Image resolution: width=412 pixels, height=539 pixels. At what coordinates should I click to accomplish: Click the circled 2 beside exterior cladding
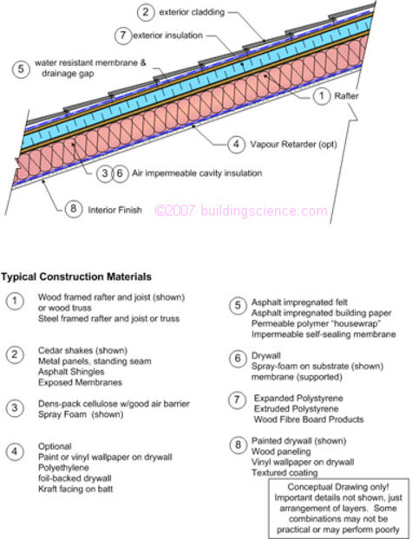[x=145, y=12]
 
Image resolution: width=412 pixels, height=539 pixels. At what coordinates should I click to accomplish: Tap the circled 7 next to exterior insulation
[x=123, y=35]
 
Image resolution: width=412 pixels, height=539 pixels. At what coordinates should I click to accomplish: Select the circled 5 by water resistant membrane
[x=21, y=68]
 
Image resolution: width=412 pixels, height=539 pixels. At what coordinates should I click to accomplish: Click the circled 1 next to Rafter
[x=322, y=95]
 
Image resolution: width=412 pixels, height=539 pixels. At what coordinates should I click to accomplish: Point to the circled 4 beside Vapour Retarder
[x=237, y=144]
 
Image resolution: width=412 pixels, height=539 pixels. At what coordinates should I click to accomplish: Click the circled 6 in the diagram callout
[x=120, y=173]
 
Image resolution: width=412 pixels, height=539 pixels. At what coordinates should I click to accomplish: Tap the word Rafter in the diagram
[x=346, y=95]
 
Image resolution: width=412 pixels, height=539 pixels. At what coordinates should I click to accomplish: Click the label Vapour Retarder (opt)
[x=293, y=144]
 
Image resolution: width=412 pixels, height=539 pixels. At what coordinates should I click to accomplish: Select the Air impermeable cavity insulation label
[x=197, y=173]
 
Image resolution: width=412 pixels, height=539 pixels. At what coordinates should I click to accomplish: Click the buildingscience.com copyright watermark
[x=241, y=211]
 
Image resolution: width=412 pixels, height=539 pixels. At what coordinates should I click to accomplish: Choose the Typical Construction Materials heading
[x=76, y=276]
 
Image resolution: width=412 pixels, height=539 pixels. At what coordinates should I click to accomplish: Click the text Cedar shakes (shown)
[x=82, y=351]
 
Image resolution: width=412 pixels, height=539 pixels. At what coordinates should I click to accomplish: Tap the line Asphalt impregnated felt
[x=299, y=302]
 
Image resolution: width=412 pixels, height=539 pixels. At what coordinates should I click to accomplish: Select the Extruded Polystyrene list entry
[x=296, y=409]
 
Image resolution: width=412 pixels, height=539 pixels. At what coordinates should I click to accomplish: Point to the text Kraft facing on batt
[x=75, y=489]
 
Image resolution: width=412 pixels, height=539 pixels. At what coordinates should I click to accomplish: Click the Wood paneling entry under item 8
[x=281, y=451]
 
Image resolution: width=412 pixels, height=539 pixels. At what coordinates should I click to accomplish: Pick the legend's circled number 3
[x=15, y=408]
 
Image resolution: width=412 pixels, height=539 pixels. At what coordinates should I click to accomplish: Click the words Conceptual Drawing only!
[x=338, y=487]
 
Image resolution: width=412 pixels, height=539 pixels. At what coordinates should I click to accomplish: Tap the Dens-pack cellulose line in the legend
[x=114, y=404]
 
